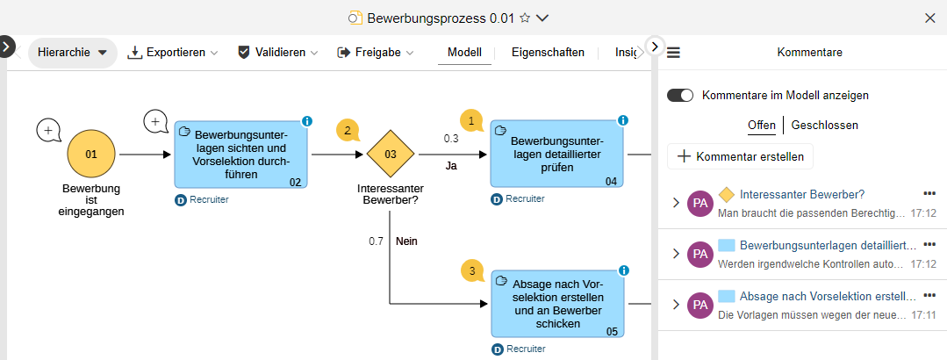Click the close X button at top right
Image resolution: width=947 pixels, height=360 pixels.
(x=930, y=18)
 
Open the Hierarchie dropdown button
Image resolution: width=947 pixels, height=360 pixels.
(x=73, y=53)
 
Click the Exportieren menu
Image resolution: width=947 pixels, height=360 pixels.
(x=173, y=53)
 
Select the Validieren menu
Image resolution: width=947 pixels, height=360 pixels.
(x=277, y=53)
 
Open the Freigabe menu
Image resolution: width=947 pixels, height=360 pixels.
(x=375, y=53)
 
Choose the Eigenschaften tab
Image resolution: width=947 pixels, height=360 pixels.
(x=548, y=53)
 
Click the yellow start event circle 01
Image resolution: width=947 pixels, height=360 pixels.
(x=91, y=155)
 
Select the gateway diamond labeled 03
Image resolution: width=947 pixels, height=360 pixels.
(x=391, y=155)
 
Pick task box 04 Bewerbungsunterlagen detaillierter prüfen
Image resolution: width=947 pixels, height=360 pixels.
(x=557, y=155)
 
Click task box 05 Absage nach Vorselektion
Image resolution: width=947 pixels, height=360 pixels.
(x=557, y=303)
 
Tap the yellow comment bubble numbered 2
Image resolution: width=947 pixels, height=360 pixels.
(x=348, y=132)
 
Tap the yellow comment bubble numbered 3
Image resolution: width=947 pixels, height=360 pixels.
(x=472, y=271)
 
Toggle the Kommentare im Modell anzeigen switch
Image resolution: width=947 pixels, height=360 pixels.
(x=680, y=95)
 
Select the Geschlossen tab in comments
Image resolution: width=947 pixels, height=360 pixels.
(x=824, y=126)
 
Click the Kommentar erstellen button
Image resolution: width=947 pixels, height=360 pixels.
(x=741, y=157)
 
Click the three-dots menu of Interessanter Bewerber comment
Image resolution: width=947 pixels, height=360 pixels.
(x=929, y=193)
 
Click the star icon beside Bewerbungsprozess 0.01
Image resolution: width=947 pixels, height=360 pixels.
(x=525, y=18)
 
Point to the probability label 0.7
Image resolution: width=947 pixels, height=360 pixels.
(x=376, y=241)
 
